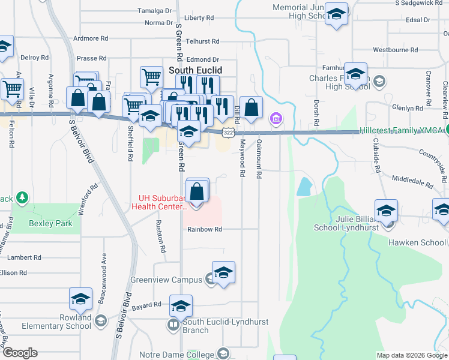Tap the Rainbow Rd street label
[x=205, y=229]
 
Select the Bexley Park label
[x=50, y=224]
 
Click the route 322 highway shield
[x=228, y=131]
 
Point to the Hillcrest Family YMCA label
[x=402, y=131]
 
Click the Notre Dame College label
[x=182, y=355]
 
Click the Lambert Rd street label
[x=24, y=257]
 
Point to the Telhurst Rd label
[x=202, y=41]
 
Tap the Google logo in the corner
[x=20, y=353]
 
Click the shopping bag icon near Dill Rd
[x=252, y=108]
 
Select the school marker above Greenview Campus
[x=223, y=272]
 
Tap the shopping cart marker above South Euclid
[x=151, y=77]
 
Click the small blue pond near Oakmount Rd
[x=304, y=187]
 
